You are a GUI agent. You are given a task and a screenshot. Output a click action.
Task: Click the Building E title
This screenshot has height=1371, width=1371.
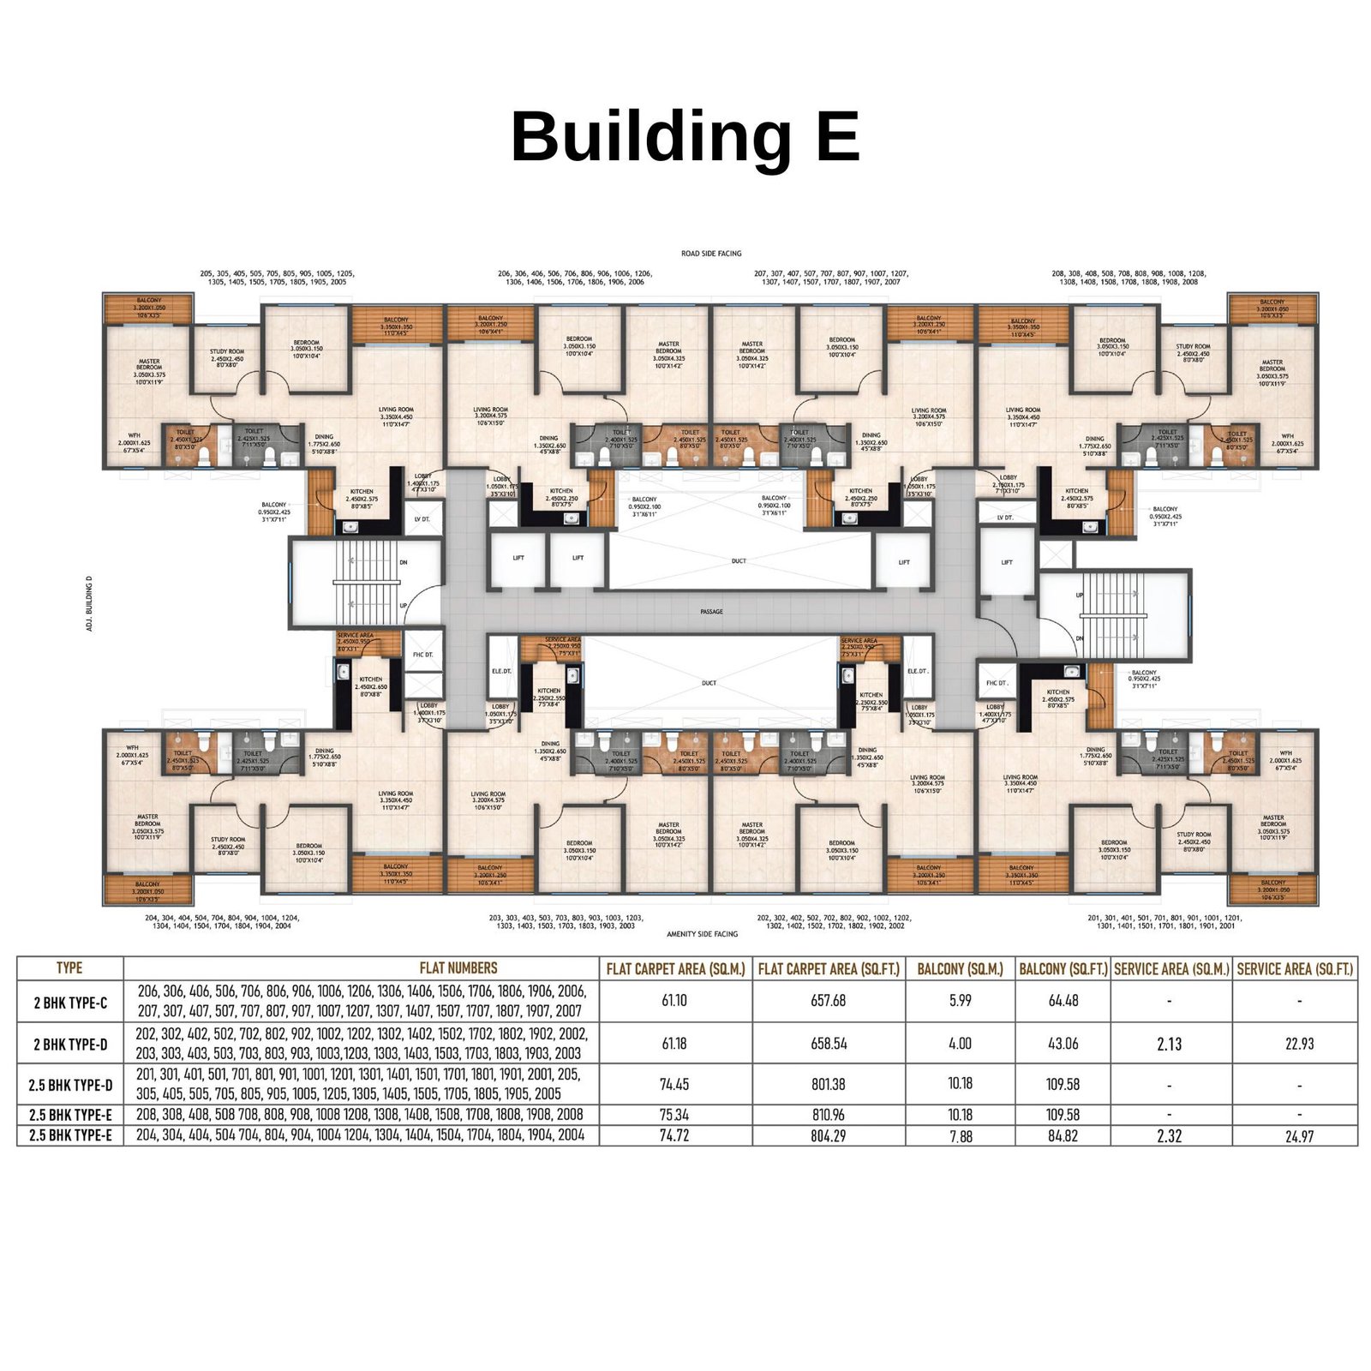(x=685, y=137)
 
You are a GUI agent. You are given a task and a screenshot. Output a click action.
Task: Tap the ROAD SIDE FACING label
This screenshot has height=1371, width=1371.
(x=711, y=254)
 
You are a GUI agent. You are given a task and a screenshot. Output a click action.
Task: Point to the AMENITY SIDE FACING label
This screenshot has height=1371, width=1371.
(x=702, y=934)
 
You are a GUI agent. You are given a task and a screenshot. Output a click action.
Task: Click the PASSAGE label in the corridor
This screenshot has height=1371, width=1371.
(x=711, y=612)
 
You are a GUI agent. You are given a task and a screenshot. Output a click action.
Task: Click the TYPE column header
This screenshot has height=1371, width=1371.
(x=69, y=967)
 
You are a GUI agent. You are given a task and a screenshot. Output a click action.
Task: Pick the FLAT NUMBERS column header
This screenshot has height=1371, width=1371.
(x=458, y=967)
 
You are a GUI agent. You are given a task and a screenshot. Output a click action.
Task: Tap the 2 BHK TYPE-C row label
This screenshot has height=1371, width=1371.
(x=70, y=1002)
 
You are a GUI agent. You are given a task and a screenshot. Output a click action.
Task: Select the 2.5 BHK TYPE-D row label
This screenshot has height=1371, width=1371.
(x=70, y=1085)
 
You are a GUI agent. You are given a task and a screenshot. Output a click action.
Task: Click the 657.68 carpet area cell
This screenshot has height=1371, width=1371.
(x=828, y=1001)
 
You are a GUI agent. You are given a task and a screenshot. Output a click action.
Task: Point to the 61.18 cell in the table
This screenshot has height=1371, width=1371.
(x=674, y=1044)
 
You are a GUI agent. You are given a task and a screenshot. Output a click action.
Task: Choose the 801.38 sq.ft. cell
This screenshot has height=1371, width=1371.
(x=828, y=1085)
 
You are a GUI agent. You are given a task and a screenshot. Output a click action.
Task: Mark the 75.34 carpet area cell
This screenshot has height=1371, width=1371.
(x=674, y=1115)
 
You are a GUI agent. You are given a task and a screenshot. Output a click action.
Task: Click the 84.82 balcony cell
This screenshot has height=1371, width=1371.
(x=1063, y=1136)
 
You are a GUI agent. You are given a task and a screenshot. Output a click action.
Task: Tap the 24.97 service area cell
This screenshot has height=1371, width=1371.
(x=1299, y=1136)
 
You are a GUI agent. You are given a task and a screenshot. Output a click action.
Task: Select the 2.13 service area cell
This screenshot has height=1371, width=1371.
(x=1170, y=1044)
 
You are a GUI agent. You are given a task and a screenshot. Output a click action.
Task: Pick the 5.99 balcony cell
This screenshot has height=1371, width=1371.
(x=960, y=1001)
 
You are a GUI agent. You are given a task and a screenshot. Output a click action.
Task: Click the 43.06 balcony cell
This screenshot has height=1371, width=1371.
(x=1063, y=1044)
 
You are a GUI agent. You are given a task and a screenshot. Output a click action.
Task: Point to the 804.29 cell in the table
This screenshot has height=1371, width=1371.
(x=828, y=1136)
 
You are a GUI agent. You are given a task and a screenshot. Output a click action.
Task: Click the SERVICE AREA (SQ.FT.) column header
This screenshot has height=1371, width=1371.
(x=1295, y=969)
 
